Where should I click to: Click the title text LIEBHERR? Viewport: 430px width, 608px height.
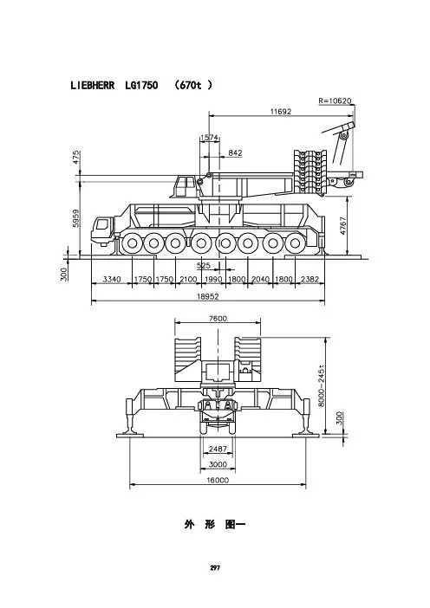pyautogui.click(x=93, y=85)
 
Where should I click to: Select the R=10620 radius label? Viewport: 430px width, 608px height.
pyautogui.click(x=335, y=100)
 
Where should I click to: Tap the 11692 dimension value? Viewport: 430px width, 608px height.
pyautogui.click(x=281, y=111)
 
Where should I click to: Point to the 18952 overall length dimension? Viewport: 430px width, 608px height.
pyautogui.click(x=208, y=296)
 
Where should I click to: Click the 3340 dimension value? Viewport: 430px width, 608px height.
pyautogui.click(x=112, y=279)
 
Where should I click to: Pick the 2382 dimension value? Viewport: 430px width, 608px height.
pyautogui.click(x=309, y=279)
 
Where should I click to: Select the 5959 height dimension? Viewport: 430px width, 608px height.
pyautogui.click(x=76, y=218)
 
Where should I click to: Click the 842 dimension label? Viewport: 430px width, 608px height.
pyautogui.click(x=235, y=152)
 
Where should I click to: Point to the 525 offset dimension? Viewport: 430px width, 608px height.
pyautogui.click(x=204, y=265)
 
